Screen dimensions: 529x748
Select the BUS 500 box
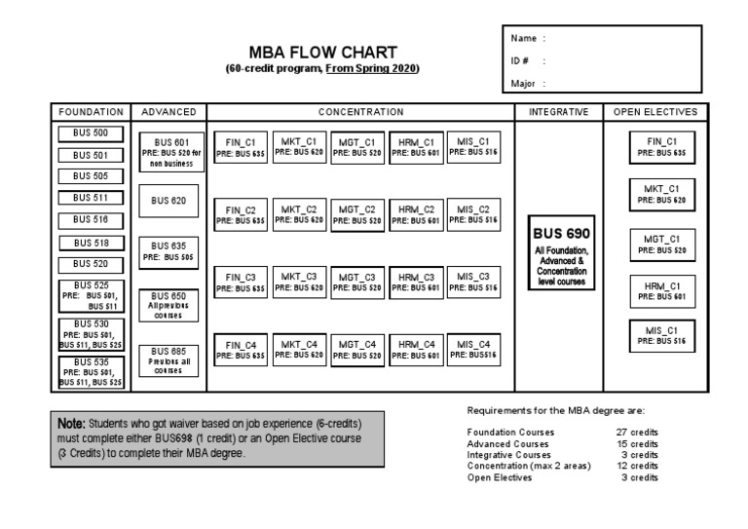[92, 133]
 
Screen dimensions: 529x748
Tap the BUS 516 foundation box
[92, 220]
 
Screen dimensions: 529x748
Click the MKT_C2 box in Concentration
[299, 214]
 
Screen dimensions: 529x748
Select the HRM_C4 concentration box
[416, 349]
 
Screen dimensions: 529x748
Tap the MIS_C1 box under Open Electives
[661, 335]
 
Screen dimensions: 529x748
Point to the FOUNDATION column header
[92, 112]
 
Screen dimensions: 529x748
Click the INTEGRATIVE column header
[558, 112]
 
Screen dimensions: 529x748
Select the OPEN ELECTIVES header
[654, 112]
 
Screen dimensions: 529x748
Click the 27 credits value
[638, 432]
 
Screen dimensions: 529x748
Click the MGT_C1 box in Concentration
[357, 147]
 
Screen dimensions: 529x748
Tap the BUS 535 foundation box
[92, 371]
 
